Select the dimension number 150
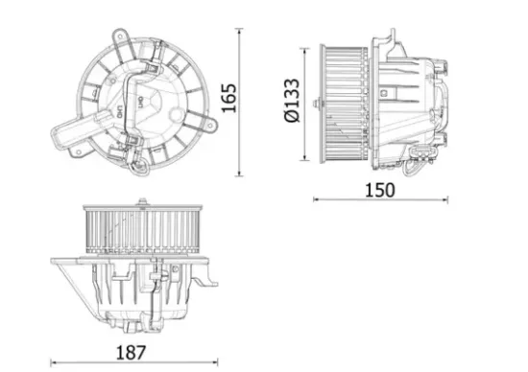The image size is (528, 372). pos(381,189)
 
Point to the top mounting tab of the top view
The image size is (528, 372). pos(122,36)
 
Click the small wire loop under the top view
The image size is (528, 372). pos(140,169)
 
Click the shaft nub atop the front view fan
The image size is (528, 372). pos(143,202)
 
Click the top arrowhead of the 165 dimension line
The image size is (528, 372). pos(238,31)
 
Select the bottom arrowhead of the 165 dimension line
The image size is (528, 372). pos(238,174)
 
